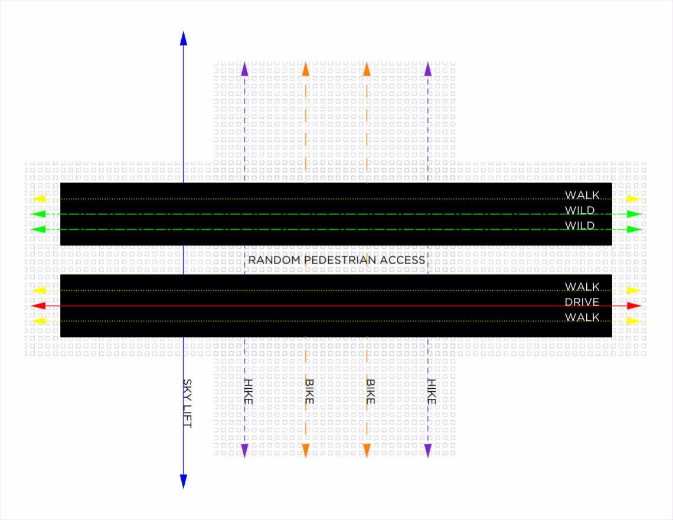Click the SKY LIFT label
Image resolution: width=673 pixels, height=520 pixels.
tap(188, 404)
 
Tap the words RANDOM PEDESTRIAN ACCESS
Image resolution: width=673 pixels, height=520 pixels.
tap(336, 260)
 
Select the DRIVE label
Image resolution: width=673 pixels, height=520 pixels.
tap(582, 302)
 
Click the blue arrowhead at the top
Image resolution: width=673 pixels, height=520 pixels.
tap(183, 38)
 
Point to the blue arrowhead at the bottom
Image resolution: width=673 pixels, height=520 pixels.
tap(183, 481)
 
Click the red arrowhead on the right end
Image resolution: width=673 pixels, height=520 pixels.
tap(634, 306)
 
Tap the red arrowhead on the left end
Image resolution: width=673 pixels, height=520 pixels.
tap(38, 306)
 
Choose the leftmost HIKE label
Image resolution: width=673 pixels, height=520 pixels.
tap(248, 392)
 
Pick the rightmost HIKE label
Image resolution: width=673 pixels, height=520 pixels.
tap(432, 392)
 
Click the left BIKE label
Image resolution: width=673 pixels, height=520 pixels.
tap(309, 391)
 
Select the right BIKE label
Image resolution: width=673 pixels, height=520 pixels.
tap(370, 391)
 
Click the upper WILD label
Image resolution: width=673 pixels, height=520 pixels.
tap(580, 210)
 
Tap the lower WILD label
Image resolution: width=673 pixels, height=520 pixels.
tap(580, 226)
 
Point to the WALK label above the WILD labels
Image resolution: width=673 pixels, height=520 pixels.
tap(582, 195)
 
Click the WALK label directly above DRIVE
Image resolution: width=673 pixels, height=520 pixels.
tap(582, 287)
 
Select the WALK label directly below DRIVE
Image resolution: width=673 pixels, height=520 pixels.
tap(582, 317)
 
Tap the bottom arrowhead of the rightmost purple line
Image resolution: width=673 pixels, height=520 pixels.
tap(428, 451)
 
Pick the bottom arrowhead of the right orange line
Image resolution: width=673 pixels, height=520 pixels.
tap(367, 451)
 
